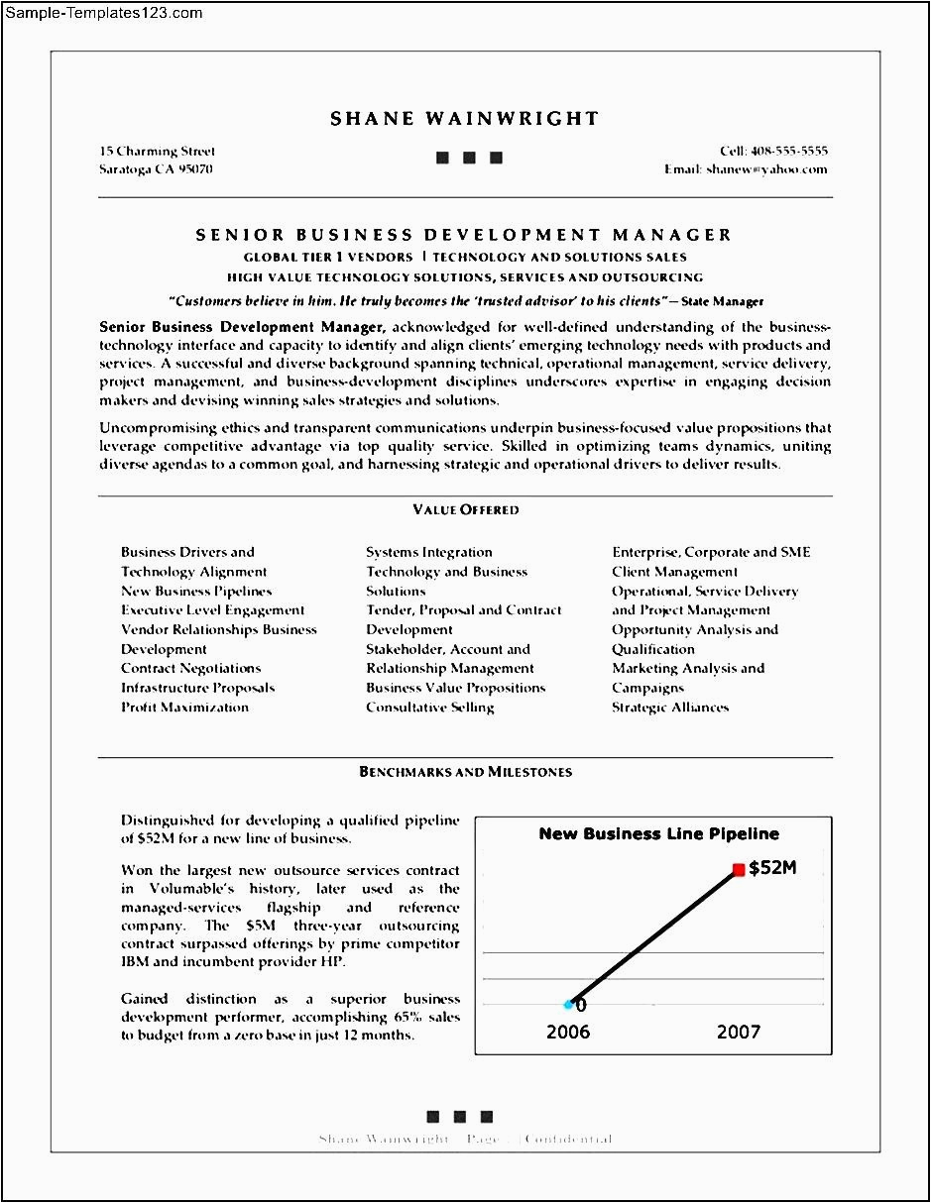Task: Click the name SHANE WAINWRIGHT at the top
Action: click(464, 119)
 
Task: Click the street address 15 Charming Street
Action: click(157, 152)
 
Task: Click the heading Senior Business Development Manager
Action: click(464, 235)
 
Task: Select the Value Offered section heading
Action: click(465, 509)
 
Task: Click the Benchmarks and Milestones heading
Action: click(465, 771)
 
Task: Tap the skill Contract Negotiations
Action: click(190, 668)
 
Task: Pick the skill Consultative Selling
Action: click(429, 707)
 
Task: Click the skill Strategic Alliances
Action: click(669, 707)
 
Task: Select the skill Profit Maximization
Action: click(184, 707)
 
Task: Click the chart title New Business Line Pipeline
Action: click(658, 833)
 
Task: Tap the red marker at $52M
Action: click(739, 869)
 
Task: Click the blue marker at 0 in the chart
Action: click(570, 1004)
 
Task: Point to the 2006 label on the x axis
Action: click(567, 1032)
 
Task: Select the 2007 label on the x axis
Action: click(739, 1032)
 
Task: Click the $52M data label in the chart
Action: click(772, 868)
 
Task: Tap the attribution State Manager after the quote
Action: click(723, 301)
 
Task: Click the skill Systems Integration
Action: click(428, 552)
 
